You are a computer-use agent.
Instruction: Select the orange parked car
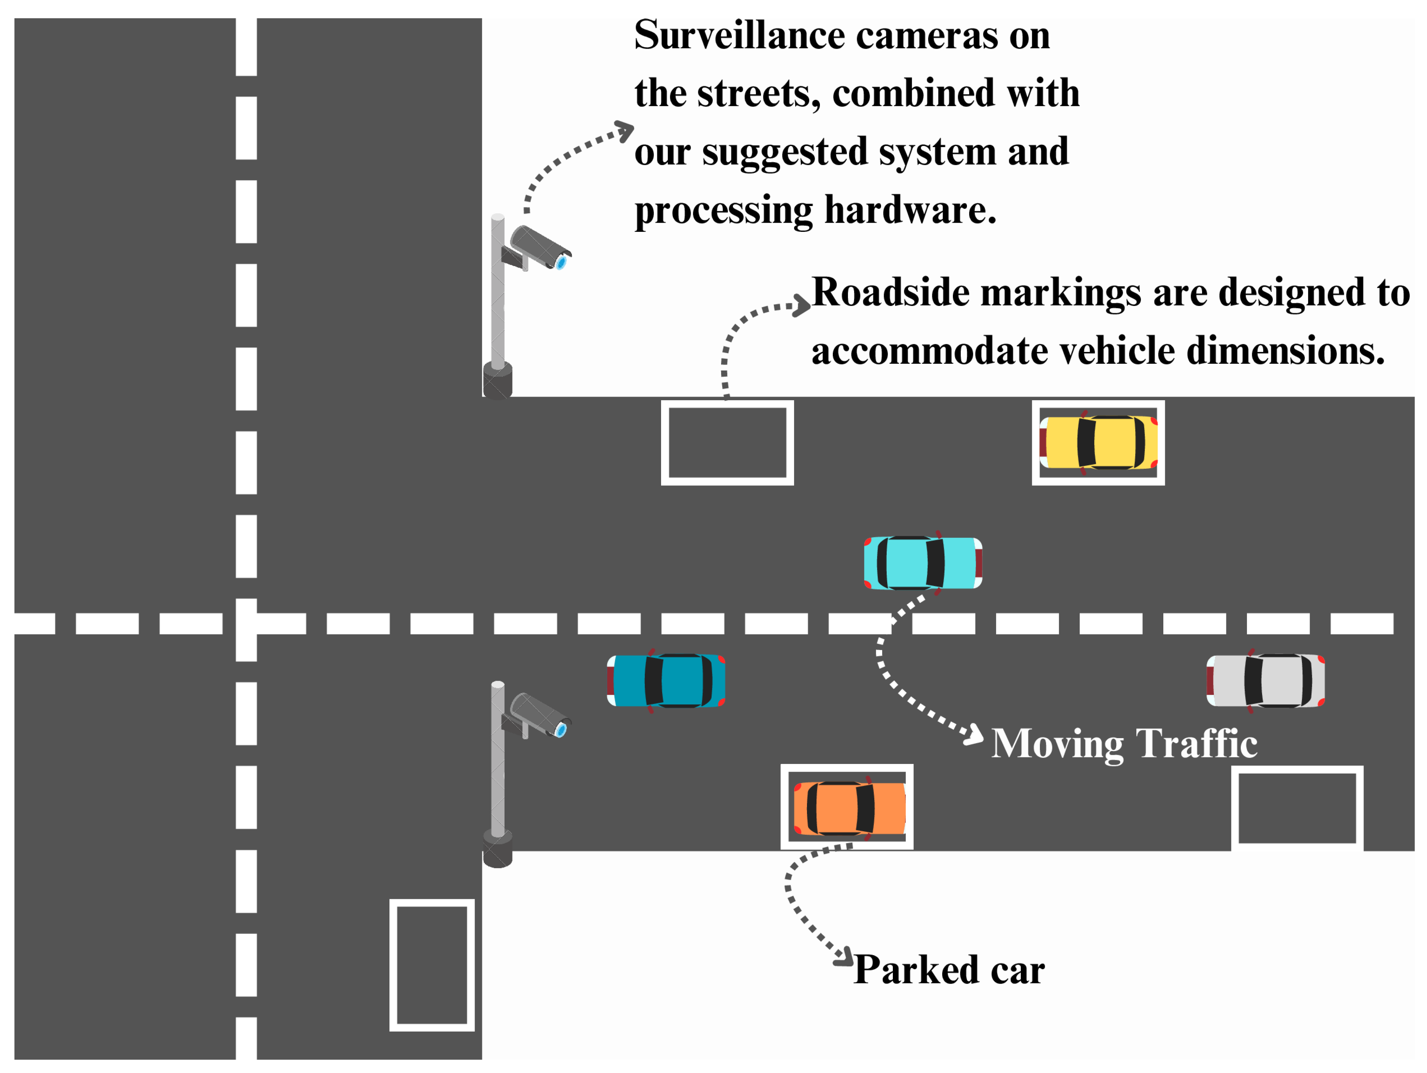pos(849,808)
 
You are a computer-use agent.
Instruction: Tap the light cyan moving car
pos(922,563)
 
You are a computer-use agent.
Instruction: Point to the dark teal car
pos(666,681)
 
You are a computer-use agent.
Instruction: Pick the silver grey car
pos(1265,681)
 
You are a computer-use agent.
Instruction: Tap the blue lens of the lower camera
pos(561,730)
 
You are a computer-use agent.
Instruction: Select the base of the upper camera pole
pos(497,382)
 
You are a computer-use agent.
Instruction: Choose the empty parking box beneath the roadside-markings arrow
pos(727,443)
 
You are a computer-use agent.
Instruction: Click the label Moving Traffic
pos(1124,743)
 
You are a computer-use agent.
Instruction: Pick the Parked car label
pos(948,970)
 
